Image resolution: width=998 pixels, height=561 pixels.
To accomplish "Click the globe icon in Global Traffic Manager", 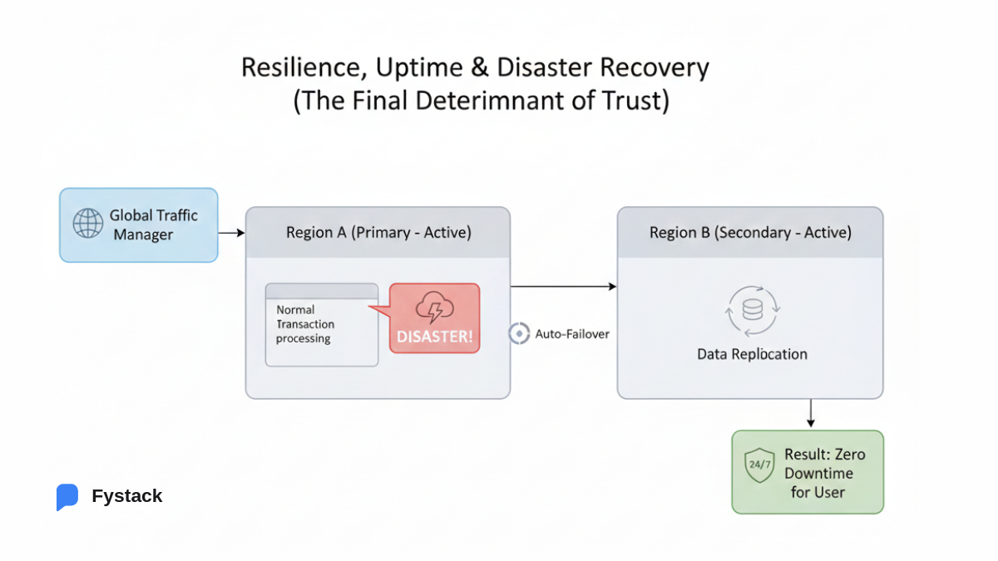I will click(x=87, y=224).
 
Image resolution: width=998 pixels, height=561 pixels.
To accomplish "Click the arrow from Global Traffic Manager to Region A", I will click(x=231, y=234).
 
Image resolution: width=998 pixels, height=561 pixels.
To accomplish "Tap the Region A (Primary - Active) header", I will click(x=378, y=233).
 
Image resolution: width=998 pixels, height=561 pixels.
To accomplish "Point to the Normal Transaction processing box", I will click(x=322, y=325).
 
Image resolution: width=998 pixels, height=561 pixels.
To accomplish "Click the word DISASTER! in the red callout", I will click(x=434, y=337).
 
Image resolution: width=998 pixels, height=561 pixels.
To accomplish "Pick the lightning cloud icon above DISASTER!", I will click(x=434, y=308).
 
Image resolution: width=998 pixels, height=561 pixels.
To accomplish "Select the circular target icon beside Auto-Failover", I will click(x=519, y=334).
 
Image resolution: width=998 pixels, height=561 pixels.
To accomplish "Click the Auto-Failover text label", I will click(x=572, y=334).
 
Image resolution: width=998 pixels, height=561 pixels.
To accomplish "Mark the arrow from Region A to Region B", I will click(x=563, y=286).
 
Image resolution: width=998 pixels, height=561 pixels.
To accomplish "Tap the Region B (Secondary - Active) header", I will click(x=750, y=233).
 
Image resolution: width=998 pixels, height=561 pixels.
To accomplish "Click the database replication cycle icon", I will click(x=752, y=311).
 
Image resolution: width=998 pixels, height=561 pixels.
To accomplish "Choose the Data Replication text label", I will click(x=752, y=354).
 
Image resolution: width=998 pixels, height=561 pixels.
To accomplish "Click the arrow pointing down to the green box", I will click(x=811, y=413).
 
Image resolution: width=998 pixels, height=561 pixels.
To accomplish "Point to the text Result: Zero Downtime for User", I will click(x=824, y=473).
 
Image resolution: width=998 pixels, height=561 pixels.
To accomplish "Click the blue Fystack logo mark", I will click(x=67, y=497).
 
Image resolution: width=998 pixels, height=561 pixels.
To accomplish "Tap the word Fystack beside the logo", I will click(x=127, y=496).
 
